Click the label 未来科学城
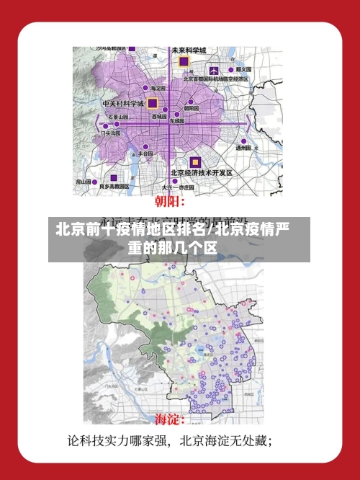(x=189, y=50)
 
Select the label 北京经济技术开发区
(x=201, y=173)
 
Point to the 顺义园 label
(x=243, y=69)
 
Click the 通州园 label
(x=243, y=147)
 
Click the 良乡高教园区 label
(x=114, y=186)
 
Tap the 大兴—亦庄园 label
(x=177, y=186)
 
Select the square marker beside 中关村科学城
(x=152, y=104)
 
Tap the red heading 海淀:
(x=171, y=418)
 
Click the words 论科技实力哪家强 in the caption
(x=117, y=439)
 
